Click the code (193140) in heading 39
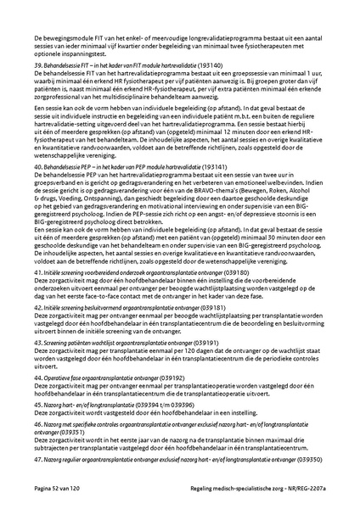click(x=210, y=64)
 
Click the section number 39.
click(x=37, y=64)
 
